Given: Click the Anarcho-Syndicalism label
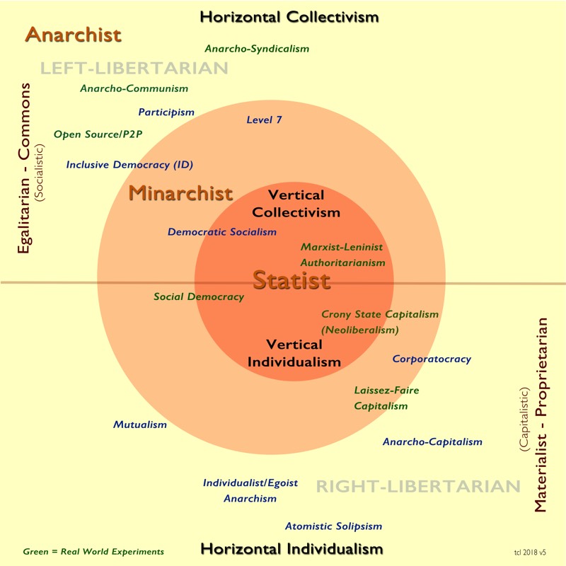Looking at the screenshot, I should coord(257,49).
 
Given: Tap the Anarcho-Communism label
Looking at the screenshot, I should coord(134,88).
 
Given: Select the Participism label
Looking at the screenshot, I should coord(166,112).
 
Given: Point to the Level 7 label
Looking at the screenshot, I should coord(264,120).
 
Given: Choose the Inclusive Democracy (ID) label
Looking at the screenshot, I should coord(129,165).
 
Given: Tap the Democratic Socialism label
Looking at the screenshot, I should coord(222,232).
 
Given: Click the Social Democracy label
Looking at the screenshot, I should coord(199,297).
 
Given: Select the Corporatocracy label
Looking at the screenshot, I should coord(432,359).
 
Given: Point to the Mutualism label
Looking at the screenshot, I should coord(140,424).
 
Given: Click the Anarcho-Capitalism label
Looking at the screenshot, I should coord(432,442).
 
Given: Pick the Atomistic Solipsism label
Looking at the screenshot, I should coord(333,526).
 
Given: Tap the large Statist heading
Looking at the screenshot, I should coord(291,280).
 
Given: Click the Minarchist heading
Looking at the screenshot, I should coord(180,193).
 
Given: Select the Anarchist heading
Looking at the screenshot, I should coord(74,35).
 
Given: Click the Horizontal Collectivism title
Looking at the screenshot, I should coord(289,17).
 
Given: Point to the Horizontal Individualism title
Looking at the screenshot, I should coord(291,549).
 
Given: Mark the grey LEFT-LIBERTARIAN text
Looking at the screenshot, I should coord(134,68).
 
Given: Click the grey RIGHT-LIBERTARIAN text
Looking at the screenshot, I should coord(417,487).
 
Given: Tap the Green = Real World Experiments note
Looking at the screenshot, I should coord(93,552).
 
